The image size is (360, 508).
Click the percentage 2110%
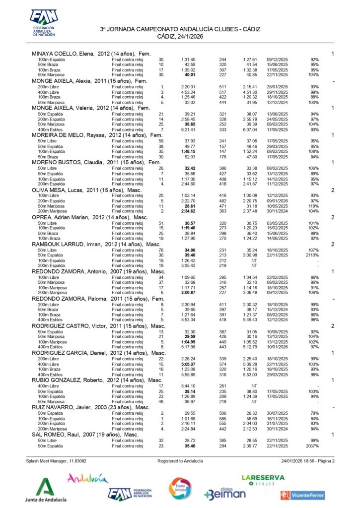click(312, 255)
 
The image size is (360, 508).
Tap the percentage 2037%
click(312, 446)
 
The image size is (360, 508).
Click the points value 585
click(222, 419)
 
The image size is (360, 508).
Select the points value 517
click(222, 92)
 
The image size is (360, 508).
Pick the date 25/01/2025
click(278, 86)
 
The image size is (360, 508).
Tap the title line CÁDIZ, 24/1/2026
click(180, 36)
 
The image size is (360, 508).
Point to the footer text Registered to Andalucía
click(180, 461)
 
